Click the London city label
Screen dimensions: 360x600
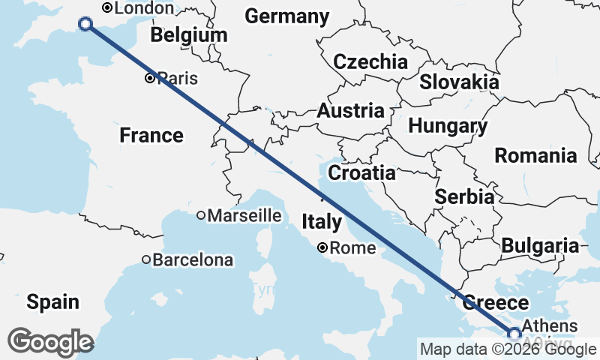142,8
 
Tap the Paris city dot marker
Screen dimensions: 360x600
151,77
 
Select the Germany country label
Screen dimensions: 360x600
286,16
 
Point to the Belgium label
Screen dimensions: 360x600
188,35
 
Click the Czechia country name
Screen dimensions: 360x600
370,62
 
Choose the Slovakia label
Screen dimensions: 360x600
459,82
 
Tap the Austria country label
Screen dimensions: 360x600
350,111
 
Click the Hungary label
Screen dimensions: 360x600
448,126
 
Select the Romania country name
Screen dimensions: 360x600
535,156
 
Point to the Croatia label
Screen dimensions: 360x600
362,173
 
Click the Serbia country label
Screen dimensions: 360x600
464,197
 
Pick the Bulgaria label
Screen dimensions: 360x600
540,246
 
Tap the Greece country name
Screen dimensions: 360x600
496,303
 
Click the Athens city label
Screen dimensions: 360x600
549,326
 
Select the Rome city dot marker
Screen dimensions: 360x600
322,247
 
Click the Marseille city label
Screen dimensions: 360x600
244,216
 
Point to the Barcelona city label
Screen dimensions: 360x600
192,261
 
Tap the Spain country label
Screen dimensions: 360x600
52,302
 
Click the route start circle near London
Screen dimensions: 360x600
85,24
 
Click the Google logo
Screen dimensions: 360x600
51,341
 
